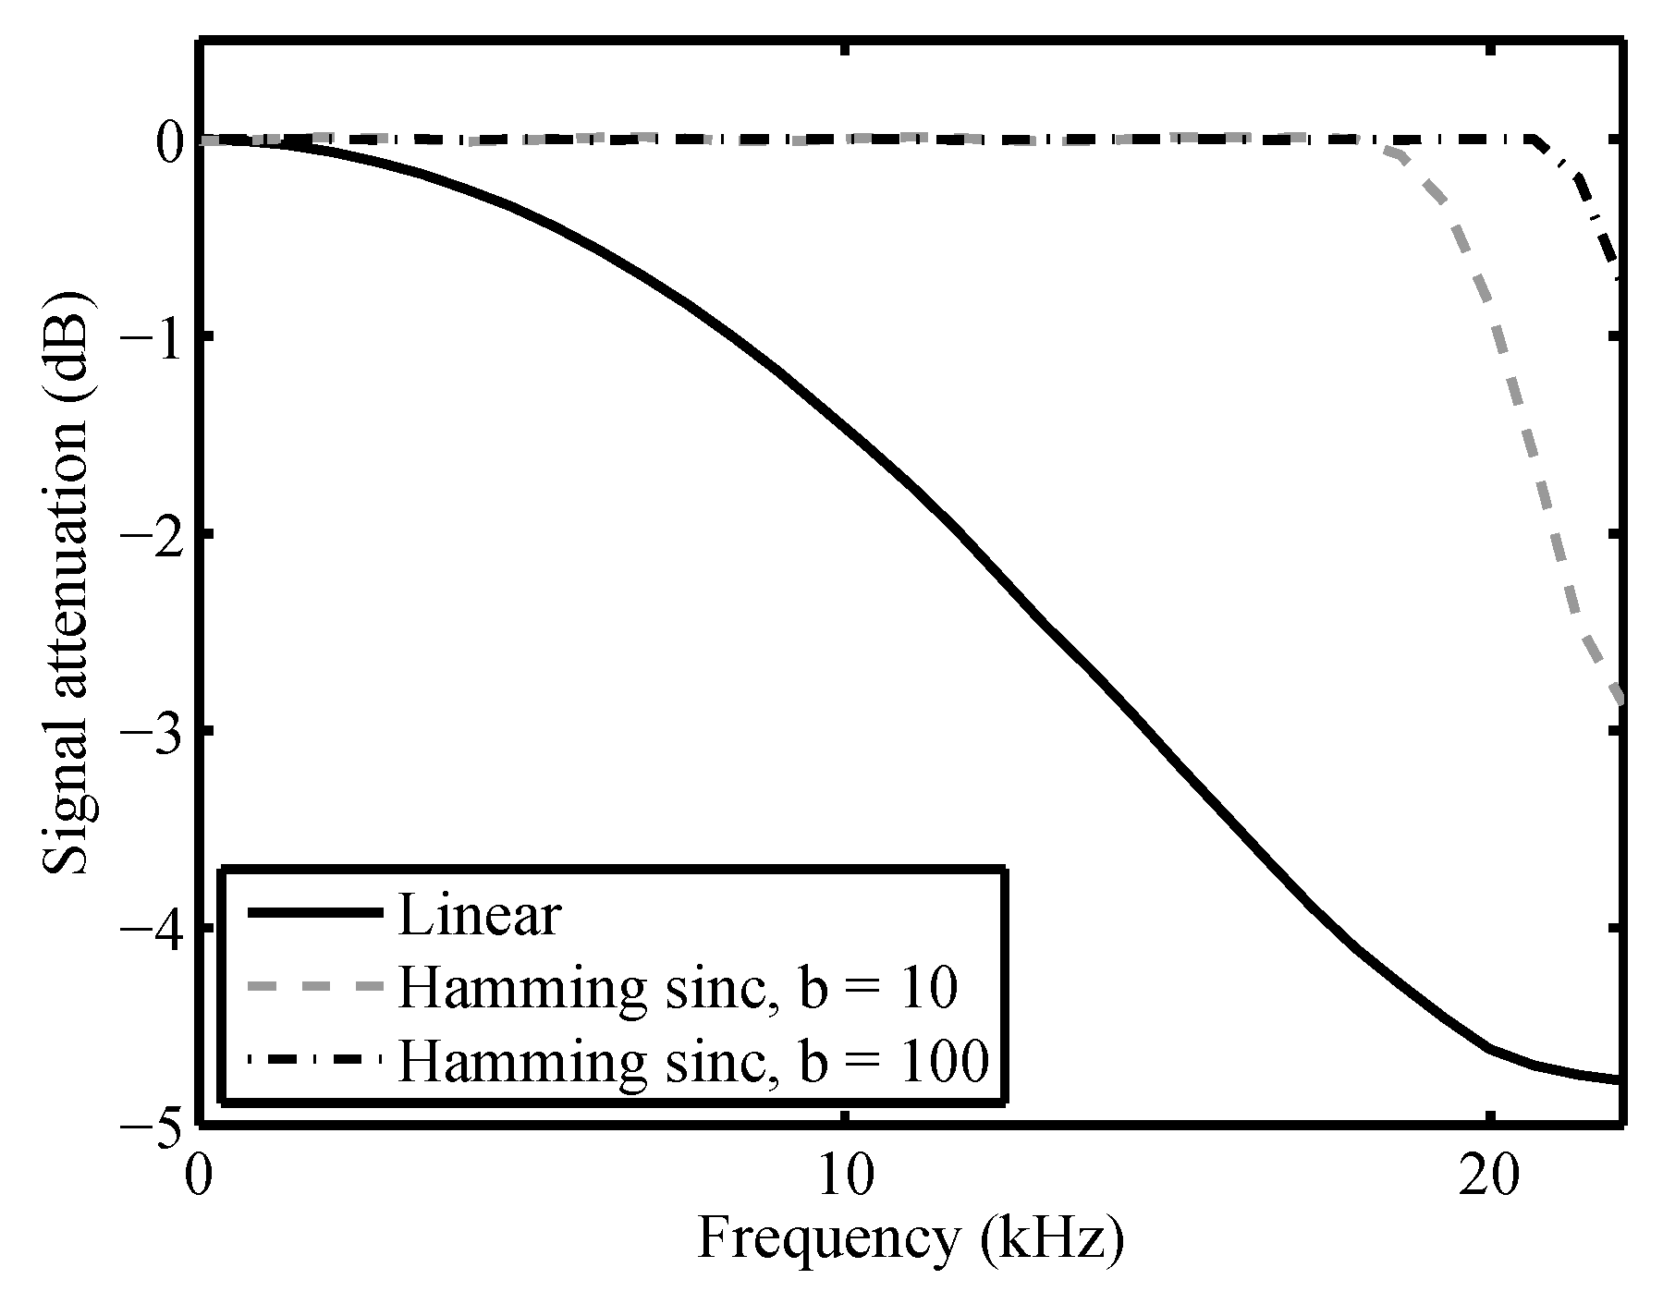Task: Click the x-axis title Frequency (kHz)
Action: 911,1238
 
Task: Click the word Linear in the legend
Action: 479,915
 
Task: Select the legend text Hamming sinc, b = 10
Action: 678,988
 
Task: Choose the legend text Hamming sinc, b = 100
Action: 693,1061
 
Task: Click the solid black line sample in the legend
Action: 314,913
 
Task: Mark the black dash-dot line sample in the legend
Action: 314,1058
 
